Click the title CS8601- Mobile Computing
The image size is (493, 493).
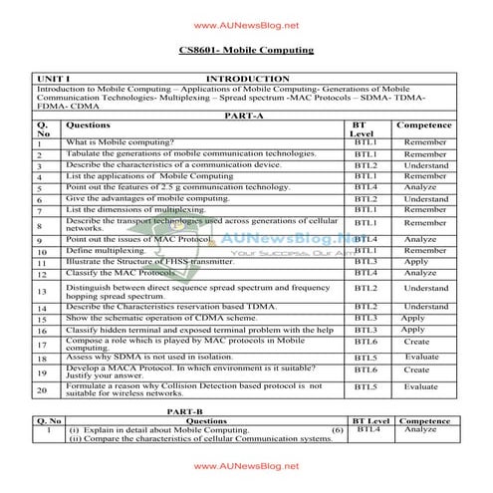pyautogui.click(x=246, y=50)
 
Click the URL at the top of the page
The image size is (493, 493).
pyautogui.click(x=246, y=25)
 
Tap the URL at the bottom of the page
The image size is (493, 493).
pyautogui.click(x=246, y=465)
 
